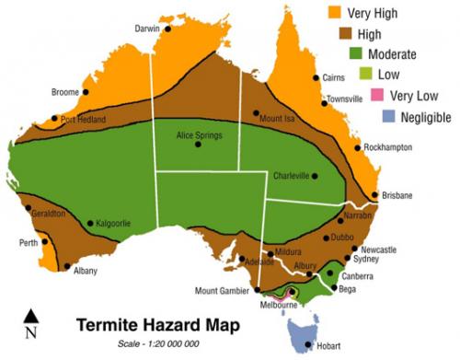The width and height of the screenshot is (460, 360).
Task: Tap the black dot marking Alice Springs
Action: [197, 145]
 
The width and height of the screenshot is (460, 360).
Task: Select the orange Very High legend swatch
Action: [335, 13]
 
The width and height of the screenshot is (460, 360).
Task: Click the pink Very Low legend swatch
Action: [376, 95]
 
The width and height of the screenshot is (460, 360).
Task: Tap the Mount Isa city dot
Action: [256, 113]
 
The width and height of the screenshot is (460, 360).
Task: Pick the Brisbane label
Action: [397, 195]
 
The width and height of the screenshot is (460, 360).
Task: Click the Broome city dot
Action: [86, 92]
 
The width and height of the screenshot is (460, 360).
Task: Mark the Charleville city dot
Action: [315, 176]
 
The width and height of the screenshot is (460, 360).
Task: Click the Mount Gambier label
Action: [222, 291]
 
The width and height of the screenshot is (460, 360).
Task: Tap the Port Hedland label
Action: [84, 120]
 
